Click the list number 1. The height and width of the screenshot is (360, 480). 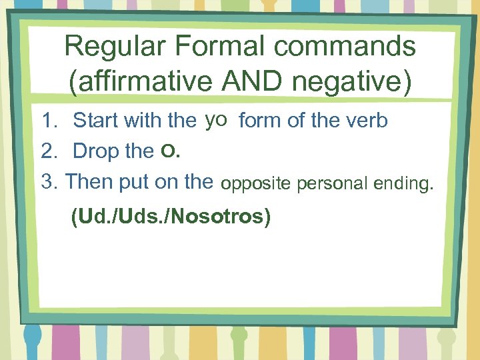pyautogui.click(x=48, y=121)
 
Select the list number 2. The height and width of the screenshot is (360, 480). pyautogui.click(x=48, y=151)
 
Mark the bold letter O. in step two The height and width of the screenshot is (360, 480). pyautogui.click(x=170, y=152)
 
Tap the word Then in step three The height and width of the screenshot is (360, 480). pyautogui.click(x=91, y=181)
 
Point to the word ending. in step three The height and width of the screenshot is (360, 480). pyautogui.click(x=402, y=183)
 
